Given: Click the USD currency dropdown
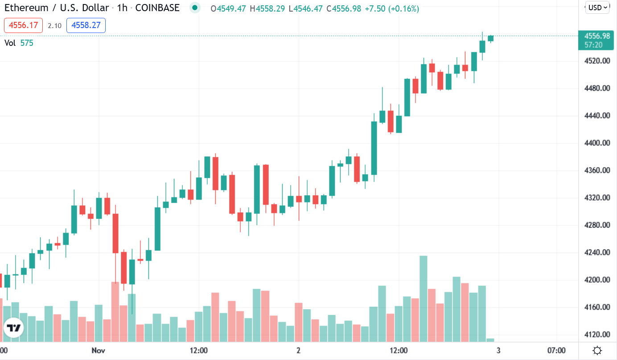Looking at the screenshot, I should (x=598, y=7).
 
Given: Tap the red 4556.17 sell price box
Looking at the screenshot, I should (x=23, y=25).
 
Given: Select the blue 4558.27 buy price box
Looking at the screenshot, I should (x=86, y=25).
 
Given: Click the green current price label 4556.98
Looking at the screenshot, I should (x=596, y=36).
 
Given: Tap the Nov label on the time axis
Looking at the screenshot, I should (x=99, y=350).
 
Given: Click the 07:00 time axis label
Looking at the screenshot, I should (x=556, y=350).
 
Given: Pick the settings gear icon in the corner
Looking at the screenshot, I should (x=598, y=350).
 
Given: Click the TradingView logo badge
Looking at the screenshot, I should (x=13, y=328).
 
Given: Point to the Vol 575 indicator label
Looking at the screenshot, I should (x=19, y=43).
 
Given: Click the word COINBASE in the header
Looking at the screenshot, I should (x=157, y=8).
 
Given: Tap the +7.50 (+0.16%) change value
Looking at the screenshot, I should (x=391, y=8).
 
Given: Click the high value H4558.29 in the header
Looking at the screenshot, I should (x=267, y=8).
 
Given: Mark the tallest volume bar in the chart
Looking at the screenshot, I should (x=424, y=299).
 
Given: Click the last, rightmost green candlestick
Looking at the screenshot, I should (x=491, y=38).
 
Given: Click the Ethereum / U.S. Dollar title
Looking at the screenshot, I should (x=57, y=8).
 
